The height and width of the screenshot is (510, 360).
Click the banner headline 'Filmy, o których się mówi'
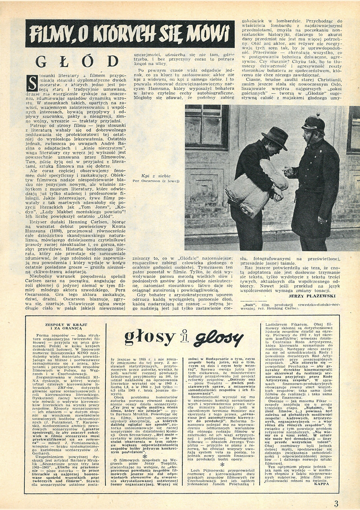[x=130, y=34]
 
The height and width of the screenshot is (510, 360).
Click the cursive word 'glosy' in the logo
[x=218, y=338]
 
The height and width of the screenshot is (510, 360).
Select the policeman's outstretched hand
[x=288, y=172]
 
